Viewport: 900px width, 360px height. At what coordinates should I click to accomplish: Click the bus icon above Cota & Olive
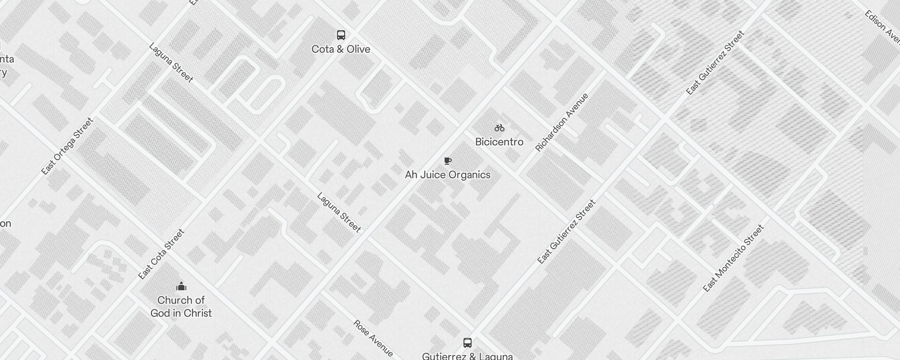click(x=341, y=35)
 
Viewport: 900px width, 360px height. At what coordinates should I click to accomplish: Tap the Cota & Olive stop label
click(x=341, y=49)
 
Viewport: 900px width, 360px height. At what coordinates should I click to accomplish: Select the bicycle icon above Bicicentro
click(x=499, y=128)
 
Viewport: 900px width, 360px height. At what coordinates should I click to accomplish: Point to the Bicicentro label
click(x=499, y=142)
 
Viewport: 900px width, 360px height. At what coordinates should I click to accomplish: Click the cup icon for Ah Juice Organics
click(x=447, y=161)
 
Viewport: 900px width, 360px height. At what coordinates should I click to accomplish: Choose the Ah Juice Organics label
click(x=447, y=175)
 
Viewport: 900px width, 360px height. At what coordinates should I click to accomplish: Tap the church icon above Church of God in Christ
click(x=181, y=286)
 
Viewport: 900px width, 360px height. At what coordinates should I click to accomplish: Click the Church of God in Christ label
click(x=181, y=306)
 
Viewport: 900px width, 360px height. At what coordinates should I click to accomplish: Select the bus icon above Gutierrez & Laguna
click(x=468, y=343)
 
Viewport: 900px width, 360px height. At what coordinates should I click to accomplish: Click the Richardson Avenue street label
click(x=562, y=122)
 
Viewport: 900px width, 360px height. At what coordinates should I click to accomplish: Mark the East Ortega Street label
click(x=67, y=146)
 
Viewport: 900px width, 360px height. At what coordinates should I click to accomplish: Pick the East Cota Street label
click(x=162, y=254)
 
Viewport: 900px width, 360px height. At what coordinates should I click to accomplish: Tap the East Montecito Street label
click(x=733, y=258)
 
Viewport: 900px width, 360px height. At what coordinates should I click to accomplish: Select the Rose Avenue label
click(x=373, y=338)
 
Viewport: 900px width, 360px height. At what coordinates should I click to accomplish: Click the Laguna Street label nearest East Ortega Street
click(x=171, y=63)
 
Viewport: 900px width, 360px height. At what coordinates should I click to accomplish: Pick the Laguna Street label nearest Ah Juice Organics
click(x=339, y=213)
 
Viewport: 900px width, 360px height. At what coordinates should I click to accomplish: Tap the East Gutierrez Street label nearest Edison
click(x=715, y=63)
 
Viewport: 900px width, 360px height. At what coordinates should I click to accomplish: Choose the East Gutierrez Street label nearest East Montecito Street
click(x=567, y=232)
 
